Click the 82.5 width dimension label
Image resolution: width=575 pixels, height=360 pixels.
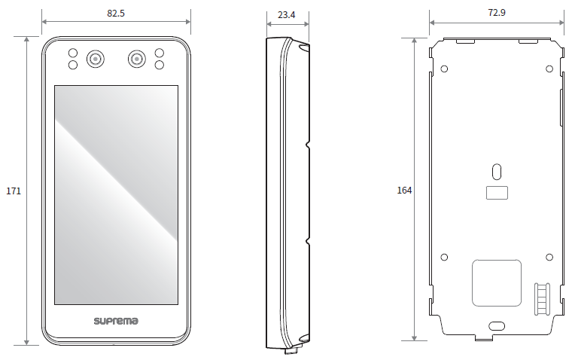(116, 14)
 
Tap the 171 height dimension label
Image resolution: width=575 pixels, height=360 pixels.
(14, 191)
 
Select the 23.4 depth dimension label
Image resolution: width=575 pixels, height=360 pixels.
(287, 14)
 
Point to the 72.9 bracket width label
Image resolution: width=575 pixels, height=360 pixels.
(497, 13)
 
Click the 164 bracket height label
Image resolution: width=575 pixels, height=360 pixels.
(404, 190)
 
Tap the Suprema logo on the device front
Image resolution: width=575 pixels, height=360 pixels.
(116, 321)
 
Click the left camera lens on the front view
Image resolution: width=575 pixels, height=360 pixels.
(96, 59)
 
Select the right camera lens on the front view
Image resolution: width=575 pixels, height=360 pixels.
(137, 59)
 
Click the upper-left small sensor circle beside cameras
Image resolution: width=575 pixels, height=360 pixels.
(73, 53)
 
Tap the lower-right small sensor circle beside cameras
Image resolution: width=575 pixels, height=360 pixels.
(159, 65)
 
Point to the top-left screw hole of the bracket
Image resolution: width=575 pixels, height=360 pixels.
(444, 69)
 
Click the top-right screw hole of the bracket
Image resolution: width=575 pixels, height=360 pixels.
(549, 69)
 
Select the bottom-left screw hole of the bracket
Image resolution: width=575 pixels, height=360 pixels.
(444, 258)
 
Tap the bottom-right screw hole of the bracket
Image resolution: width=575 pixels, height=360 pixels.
(549, 258)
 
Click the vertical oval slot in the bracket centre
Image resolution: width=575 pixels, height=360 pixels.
(497, 172)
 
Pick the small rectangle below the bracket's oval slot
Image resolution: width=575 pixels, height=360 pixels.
(497, 193)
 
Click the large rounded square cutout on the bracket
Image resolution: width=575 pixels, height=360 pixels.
(497, 283)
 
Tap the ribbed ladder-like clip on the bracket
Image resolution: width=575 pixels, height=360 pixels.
(542, 299)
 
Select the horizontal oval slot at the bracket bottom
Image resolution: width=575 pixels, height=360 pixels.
(497, 326)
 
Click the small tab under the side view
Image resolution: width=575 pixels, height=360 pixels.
(291, 351)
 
